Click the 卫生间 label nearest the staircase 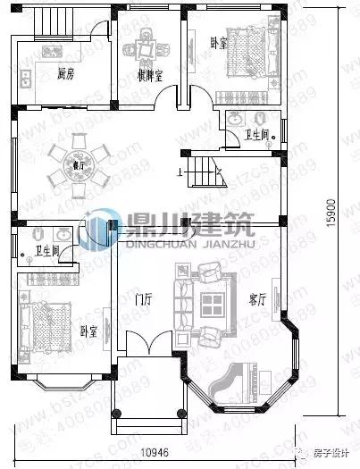[x=258, y=135]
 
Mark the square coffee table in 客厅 [x=213, y=302]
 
